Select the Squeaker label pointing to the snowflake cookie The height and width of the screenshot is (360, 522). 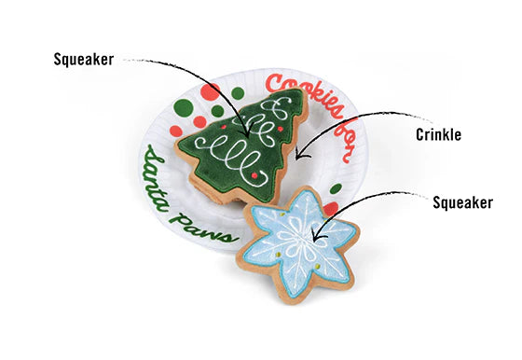461,201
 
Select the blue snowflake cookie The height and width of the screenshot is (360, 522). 299,241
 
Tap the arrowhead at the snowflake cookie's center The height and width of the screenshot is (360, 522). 315,241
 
